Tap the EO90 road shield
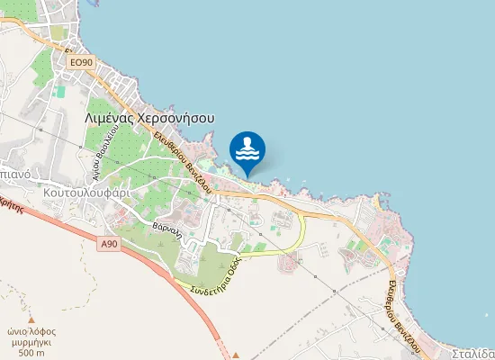[x=81, y=62]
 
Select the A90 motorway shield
[x=109, y=244]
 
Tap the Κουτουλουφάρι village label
[x=86, y=192]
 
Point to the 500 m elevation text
[x=31, y=353]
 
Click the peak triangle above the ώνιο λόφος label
[x=31, y=320]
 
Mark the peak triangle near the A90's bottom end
[x=235, y=354]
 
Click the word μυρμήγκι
[x=31, y=341]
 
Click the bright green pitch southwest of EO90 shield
[x=60, y=91]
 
